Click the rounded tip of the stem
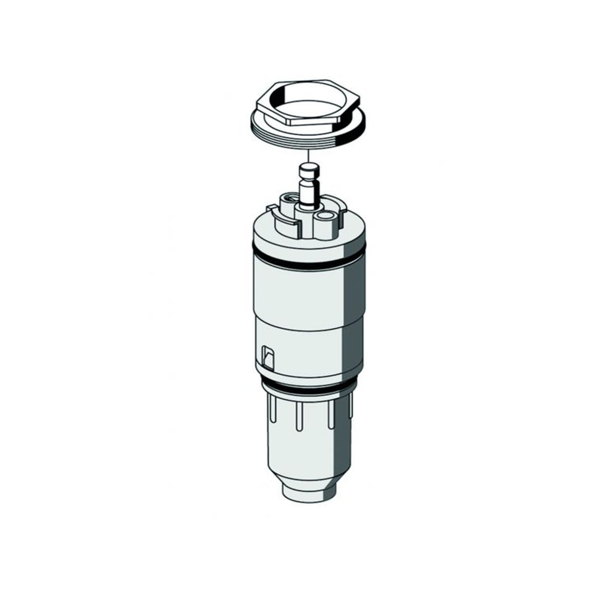[x=308, y=167]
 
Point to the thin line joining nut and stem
[x=308, y=156]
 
